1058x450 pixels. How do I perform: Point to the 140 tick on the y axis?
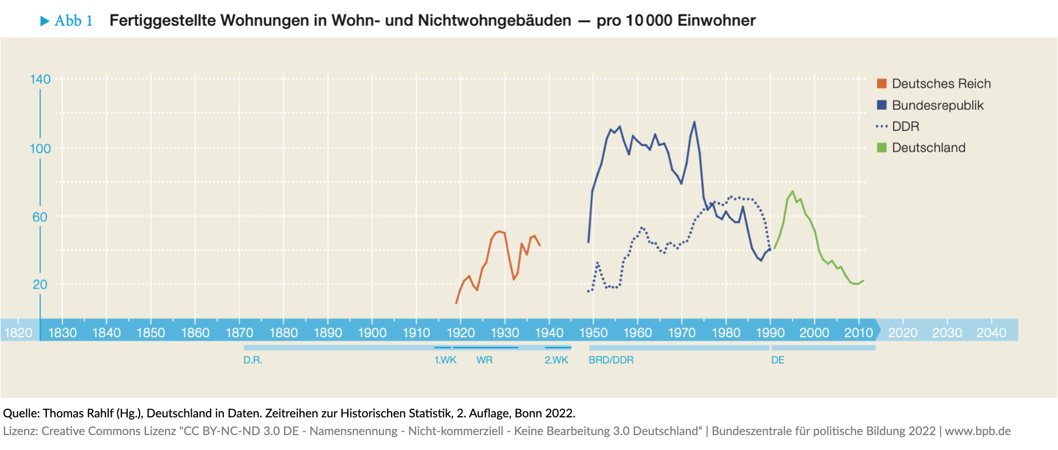pos(40,80)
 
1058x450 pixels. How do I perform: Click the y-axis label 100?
pos(40,149)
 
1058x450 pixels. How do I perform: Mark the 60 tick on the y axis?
pos(40,217)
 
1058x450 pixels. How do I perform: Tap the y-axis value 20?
pos(40,285)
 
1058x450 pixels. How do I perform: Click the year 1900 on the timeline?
pos(372,333)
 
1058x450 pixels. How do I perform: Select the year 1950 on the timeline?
pos(593,333)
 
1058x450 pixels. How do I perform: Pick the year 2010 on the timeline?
pos(858,333)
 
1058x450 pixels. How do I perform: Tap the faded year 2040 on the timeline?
pos(991,333)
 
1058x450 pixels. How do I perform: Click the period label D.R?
pos(252,360)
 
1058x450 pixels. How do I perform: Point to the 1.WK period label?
pos(445,360)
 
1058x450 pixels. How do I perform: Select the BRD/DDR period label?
pos(611,360)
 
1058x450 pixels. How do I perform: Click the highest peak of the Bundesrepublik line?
pos(694,122)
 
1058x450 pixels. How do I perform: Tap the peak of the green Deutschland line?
pos(792,192)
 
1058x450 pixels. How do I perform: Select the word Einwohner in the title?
pos(716,21)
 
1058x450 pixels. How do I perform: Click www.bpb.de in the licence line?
pos(977,431)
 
